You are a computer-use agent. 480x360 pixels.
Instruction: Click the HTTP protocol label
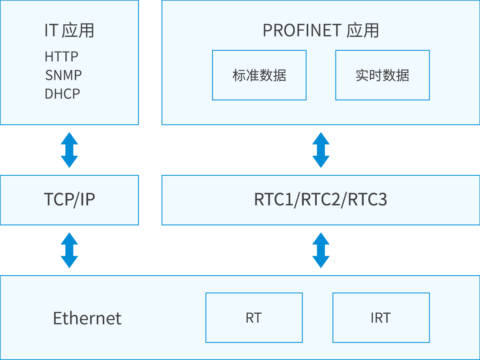pos(61,56)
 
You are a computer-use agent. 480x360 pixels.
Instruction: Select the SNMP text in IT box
pos(63,75)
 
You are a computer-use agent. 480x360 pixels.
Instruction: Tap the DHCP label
pos(62,94)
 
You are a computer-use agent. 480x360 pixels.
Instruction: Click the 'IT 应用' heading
pos(69,31)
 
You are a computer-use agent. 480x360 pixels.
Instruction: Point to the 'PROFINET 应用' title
pos(320,31)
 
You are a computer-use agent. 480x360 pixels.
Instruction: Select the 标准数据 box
pos(259,75)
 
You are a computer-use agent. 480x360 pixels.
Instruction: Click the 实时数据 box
pos(382,75)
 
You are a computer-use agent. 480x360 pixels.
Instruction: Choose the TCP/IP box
pos(69,200)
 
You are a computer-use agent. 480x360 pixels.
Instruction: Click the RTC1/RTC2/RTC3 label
pos(320,200)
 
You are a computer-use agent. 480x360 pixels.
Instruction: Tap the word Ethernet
pos(87,318)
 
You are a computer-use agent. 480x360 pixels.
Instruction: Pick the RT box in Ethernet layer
pos(254,318)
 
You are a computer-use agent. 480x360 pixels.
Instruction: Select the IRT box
pos(381,318)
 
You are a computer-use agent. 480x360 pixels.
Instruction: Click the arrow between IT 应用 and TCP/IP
pos(69,150)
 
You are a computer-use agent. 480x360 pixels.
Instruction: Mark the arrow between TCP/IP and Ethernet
pos(69,250)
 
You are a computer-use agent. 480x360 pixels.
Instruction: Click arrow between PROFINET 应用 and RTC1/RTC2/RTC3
pos(321,150)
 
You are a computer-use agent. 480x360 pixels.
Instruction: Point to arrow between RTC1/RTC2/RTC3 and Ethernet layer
pos(321,250)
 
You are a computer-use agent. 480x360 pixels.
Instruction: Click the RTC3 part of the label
pos(368,200)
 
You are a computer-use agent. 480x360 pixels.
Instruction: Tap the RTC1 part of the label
pos(273,200)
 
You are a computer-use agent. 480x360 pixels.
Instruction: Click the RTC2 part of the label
pos(320,200)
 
